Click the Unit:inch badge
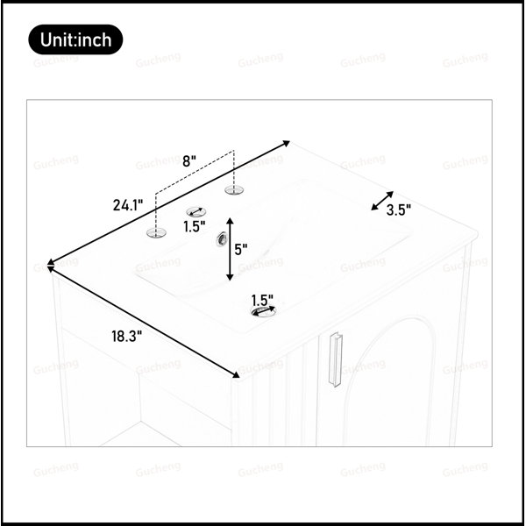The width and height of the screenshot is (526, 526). [x=75, y=39]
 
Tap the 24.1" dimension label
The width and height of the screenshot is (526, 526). [x=128, y=205]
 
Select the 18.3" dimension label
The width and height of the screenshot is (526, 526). [x=127, y=336]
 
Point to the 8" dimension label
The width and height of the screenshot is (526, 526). [x=188, y=161]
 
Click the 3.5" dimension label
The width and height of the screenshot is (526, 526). [x=399, y=210]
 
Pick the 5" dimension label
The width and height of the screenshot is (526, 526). [x=241, y=250]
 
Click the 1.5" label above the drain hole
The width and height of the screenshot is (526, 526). [x=262, y=300]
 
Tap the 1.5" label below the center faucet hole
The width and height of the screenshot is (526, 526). [x=195, y=226]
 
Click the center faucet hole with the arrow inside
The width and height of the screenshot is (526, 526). [x=196, y=212]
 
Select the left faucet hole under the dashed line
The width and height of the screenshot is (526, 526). [x=156, y=232]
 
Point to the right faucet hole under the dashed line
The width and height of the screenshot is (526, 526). [x=234, y=190]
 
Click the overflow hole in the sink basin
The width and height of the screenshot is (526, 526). [x=222, y=239]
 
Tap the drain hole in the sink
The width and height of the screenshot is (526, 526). [x=264, y=311]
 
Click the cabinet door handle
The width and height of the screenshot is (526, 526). [x=335, y=359]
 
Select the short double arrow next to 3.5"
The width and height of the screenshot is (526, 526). [x=382, y=201]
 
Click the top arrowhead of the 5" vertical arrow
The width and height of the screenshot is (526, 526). [x=230, y=221]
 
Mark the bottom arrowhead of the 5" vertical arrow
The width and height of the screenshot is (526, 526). [x=230, y=277]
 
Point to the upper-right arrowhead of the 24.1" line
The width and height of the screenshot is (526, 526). [x=286, y=144]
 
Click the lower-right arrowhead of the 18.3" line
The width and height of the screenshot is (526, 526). [x=236, y=374]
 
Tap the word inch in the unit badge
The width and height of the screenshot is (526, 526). [x=95, y=40]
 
